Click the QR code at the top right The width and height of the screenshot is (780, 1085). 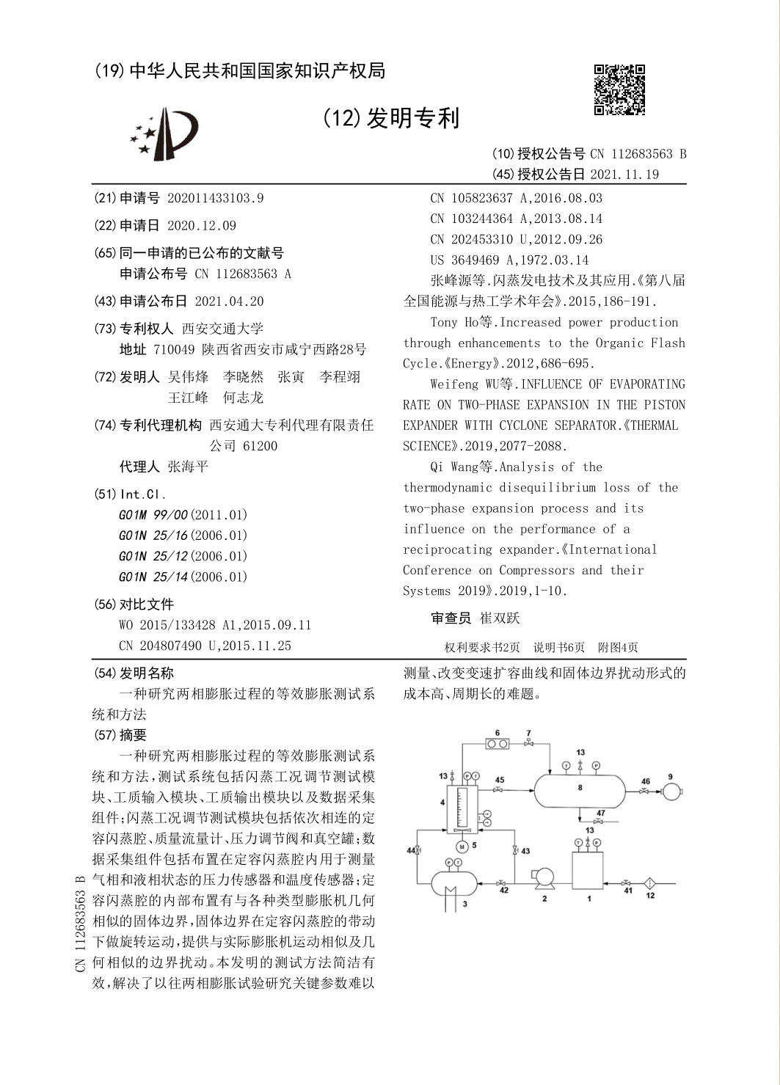(x=619, y=89)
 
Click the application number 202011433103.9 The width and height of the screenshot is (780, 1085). (x=216, y=198)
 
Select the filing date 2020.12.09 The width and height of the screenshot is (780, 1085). (x=202, y=226)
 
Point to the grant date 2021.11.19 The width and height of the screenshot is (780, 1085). (x=624, y=175)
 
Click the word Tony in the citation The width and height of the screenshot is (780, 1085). (x=444, y=322)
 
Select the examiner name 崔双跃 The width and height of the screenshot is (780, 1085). (x=500, y=618)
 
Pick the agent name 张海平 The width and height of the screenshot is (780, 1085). (x=188, y=467)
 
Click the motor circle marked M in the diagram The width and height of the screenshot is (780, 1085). (x=462, y=847)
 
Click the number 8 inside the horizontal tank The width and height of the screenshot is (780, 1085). (x=580, y=788)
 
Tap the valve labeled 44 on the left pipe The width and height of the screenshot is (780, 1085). (x=418, y=851)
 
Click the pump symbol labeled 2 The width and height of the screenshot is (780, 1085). (x=543, y=877)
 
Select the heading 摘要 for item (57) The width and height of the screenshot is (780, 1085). (x=133, y=734)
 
